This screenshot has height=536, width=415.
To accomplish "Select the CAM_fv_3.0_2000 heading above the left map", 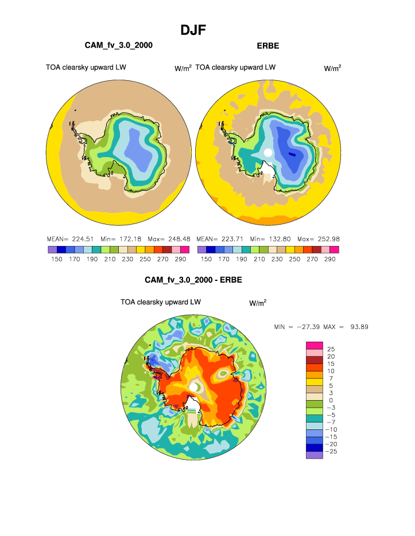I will tap(119, 45).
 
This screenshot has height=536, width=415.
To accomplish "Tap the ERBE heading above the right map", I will tap(267, 45).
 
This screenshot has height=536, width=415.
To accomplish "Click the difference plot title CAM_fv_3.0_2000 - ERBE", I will tap(193, 280).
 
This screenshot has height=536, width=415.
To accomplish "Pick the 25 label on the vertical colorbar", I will tap(331, 349).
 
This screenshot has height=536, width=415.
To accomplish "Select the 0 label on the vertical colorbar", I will tap(331, 400).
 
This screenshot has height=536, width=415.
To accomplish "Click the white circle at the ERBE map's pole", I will tap(267, 152).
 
